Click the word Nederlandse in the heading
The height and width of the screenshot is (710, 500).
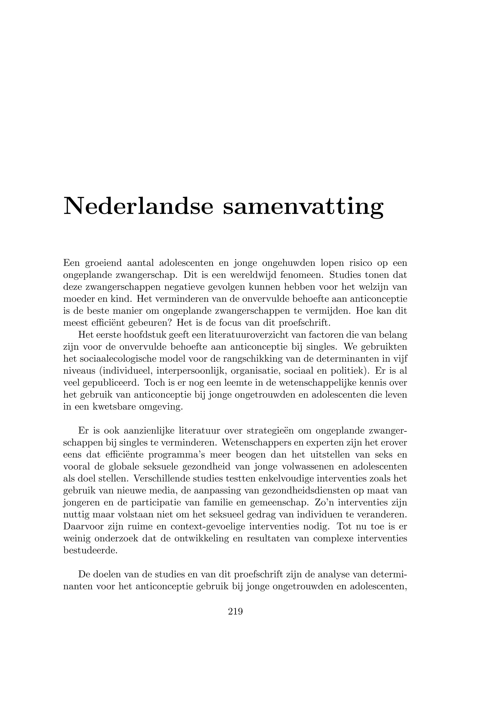138,206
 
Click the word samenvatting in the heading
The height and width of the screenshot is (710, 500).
303,206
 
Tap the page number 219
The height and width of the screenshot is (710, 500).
235,611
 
